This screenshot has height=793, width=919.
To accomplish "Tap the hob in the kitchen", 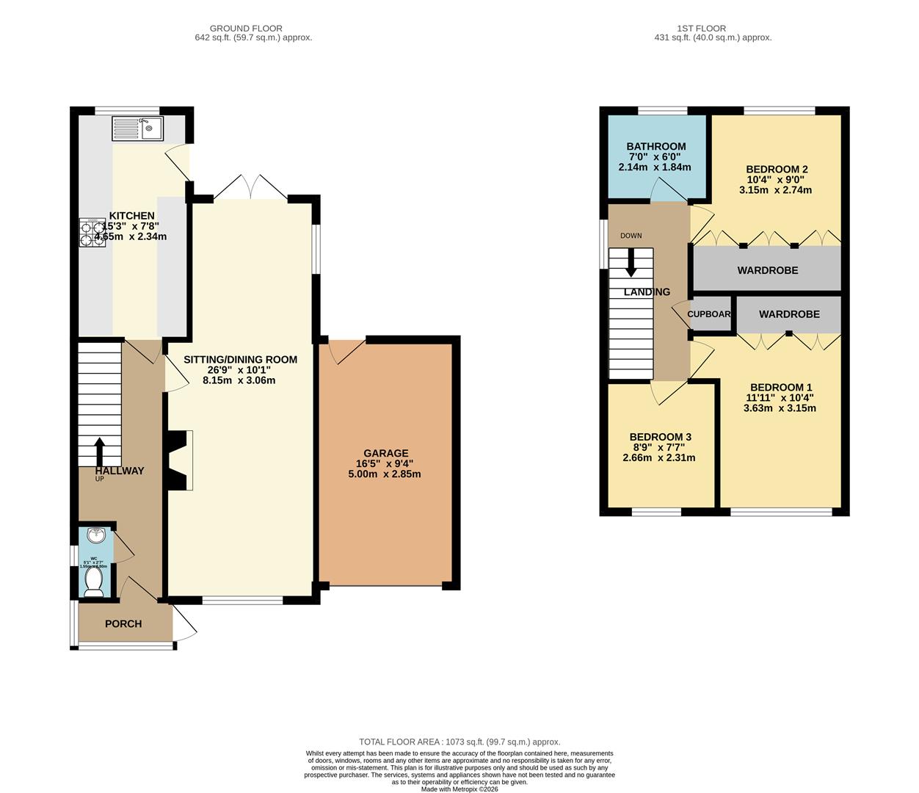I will (x=92, y=232).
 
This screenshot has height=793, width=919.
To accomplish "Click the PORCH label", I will (x=123, y=624).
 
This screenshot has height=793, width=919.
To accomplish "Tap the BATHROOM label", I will (x=655, y=147).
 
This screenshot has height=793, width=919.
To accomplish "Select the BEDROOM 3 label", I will (x=660, y=438).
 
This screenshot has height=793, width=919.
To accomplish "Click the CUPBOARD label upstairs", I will (x=709, y=314).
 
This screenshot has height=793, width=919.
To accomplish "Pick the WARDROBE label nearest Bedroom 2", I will (x=767, y=270).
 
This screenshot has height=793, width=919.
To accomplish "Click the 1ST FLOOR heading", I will (x=712, y=29).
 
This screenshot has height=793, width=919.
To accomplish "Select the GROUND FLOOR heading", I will (x=246, y=29).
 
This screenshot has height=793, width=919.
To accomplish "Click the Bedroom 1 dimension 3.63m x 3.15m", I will (x=780, y=408).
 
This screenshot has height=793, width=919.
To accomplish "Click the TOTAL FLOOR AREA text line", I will (x=459, y=742).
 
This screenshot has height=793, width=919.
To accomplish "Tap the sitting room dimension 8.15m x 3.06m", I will (x=239, y=380).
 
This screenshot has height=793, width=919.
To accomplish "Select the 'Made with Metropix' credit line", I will (x=459, y=789).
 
